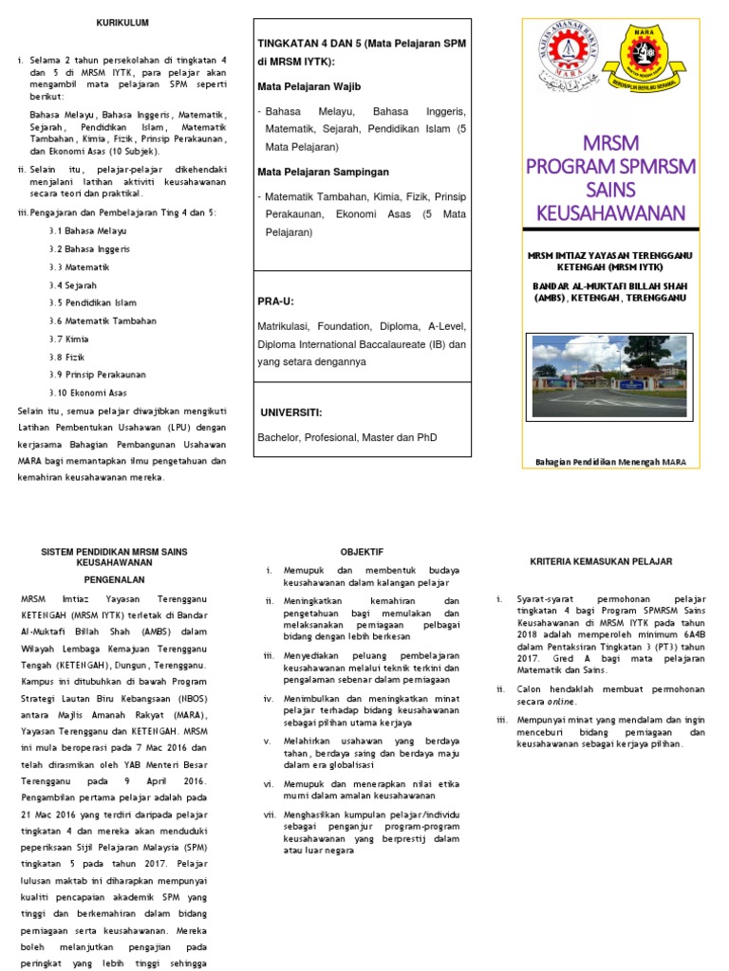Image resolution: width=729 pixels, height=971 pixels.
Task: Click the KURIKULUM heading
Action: click(x=121, y=22)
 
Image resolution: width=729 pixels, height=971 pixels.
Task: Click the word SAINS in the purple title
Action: click(x=611, y=188)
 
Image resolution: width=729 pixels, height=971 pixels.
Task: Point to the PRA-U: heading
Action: click(x=276, y=301)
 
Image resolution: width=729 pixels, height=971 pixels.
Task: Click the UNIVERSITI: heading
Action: click(x=290, y=412)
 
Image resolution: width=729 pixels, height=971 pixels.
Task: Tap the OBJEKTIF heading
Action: click(x=362, y=552)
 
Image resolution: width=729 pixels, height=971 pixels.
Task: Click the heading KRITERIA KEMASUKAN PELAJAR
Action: click(x=601, y=561)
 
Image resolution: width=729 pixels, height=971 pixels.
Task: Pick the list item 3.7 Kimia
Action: click(x=69, y=339)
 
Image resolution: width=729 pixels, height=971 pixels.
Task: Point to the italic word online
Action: click(x=559, y=703)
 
